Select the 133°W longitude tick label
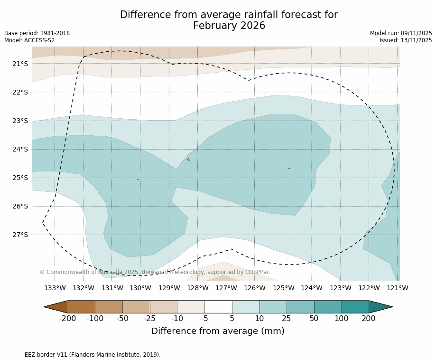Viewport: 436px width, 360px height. pyautogui.click(x=55, y=288)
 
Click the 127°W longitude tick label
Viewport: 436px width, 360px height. pyautogui.click(x=226, y=288)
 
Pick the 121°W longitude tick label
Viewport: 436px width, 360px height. pyautogui.click(x=398, y=288)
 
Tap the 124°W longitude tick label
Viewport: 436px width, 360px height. pyautogui.click(x=312, y=288)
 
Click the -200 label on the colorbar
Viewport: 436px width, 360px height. pyautogui.click(x=68, y=318)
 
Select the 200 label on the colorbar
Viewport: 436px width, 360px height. pyautogui.click(x=369, y=318)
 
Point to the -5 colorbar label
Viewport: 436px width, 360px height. pyautogui.click(x=204, y=318)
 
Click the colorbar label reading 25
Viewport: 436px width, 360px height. pyautogui.click(x=287, y=318)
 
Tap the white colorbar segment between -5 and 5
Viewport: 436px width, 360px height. pyautogui.click(x=218, y=307)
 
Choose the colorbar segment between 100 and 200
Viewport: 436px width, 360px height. pyautogui.click(x=355, y=307)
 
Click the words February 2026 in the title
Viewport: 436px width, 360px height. pyautogui.click(x=229, y=26)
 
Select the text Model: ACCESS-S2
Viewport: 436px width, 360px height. pyautogui.click(x=29, y=40)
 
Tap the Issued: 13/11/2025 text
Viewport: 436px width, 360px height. pyautogui.click(x=406, y=40)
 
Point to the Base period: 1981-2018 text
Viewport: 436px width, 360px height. pyautogui.click(x=37, y=33)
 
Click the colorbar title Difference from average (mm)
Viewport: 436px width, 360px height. pyautogui.click(x=218, y=331)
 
